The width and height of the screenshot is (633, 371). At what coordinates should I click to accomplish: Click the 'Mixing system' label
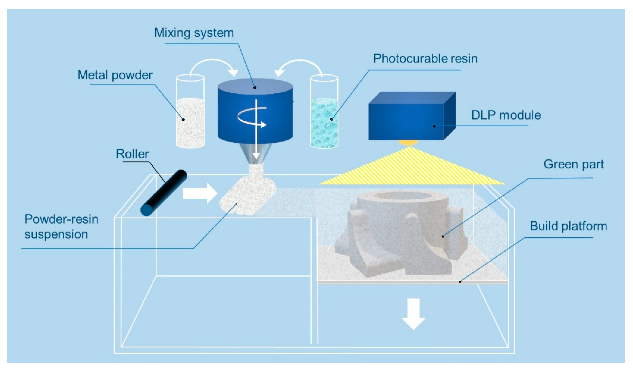194,33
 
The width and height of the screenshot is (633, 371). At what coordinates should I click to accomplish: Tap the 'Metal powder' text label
115,75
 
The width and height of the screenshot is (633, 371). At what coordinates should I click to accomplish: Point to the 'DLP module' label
506,115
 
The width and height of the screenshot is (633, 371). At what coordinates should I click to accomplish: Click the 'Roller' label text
132,154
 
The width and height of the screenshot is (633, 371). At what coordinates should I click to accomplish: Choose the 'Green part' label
573,164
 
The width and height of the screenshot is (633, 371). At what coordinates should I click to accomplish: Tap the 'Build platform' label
568,226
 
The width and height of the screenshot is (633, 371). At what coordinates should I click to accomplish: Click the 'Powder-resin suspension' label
61,227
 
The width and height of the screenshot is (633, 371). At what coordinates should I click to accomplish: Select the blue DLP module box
407,118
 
